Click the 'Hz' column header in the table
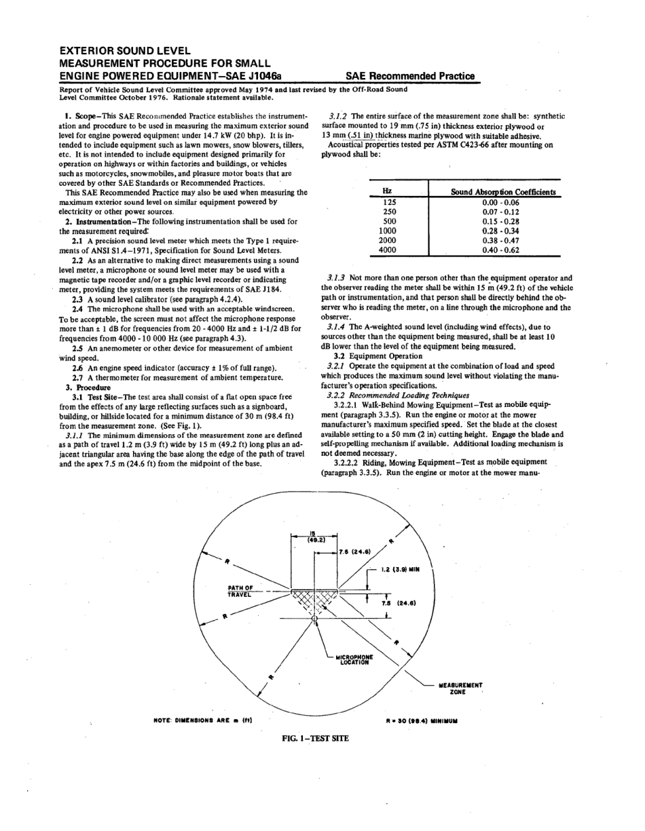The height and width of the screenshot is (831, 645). click(388, 192)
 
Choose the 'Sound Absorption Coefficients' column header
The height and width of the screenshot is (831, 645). click(502, 192)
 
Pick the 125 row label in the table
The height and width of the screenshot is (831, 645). click(388, 202)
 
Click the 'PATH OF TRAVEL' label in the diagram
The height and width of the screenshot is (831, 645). click(240, 590)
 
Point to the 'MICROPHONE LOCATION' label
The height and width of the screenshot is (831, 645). click(354, 659)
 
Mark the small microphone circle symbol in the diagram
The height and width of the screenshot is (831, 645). click(314, 619)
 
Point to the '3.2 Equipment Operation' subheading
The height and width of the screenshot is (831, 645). click(378, 355)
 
